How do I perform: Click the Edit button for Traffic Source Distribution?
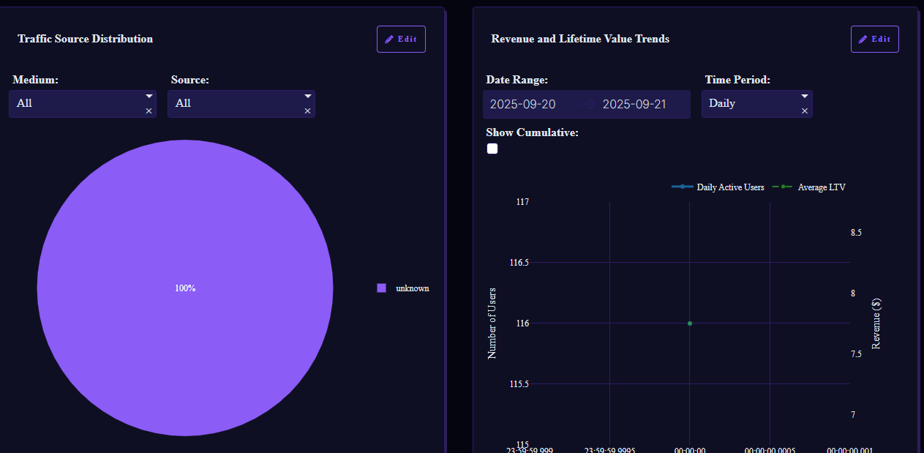point(401,40)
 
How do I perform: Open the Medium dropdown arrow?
point(149,96)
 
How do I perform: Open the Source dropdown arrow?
point(308,96)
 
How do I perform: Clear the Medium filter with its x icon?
point(149,111)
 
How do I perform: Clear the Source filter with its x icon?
point(308,111)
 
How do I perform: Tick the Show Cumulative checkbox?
point(492,149)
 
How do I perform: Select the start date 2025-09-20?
point(523,104)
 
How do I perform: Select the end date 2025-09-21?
point(634,104)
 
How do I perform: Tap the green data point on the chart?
point(690,323)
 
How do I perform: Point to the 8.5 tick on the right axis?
point(856,233)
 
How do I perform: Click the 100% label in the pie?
point(185,288)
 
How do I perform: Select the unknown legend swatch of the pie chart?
point(381,288)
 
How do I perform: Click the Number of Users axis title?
point(492,323)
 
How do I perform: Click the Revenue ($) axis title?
point(876,323)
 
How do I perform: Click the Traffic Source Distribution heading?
point(86,39)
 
